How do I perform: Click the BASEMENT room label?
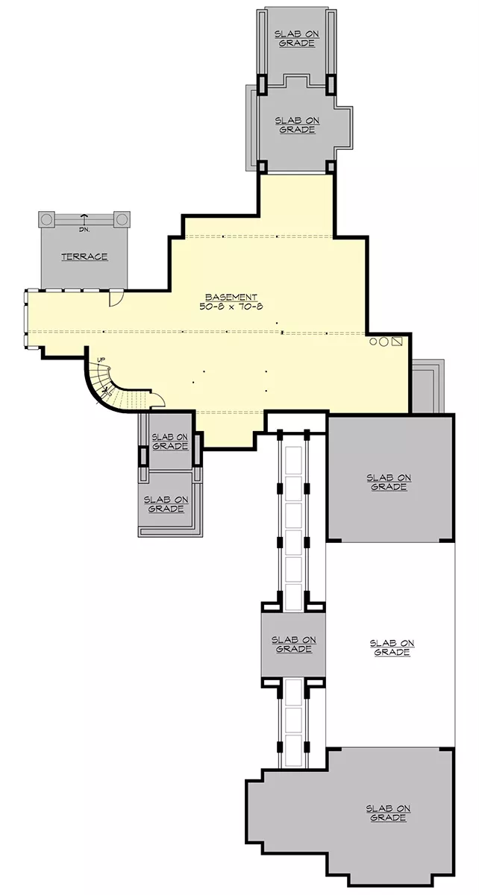tap(231, 298)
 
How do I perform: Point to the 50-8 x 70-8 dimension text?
tap(231, 307)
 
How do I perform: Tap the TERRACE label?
tap(84, 257)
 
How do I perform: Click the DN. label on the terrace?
tap(84, 230)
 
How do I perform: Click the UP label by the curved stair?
tap(101, 360)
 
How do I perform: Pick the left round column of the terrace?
tap(47, 219)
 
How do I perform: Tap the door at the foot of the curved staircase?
tap(157, 400)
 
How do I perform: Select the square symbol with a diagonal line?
tap(397, 342)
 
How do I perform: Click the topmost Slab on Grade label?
tap(297, 39)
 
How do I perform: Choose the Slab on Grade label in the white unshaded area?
tap(392, 647)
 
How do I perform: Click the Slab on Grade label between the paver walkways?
tap(294, 644)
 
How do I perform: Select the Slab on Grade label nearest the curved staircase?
tap(170, 442)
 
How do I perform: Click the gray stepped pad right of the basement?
tap(428, 386)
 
